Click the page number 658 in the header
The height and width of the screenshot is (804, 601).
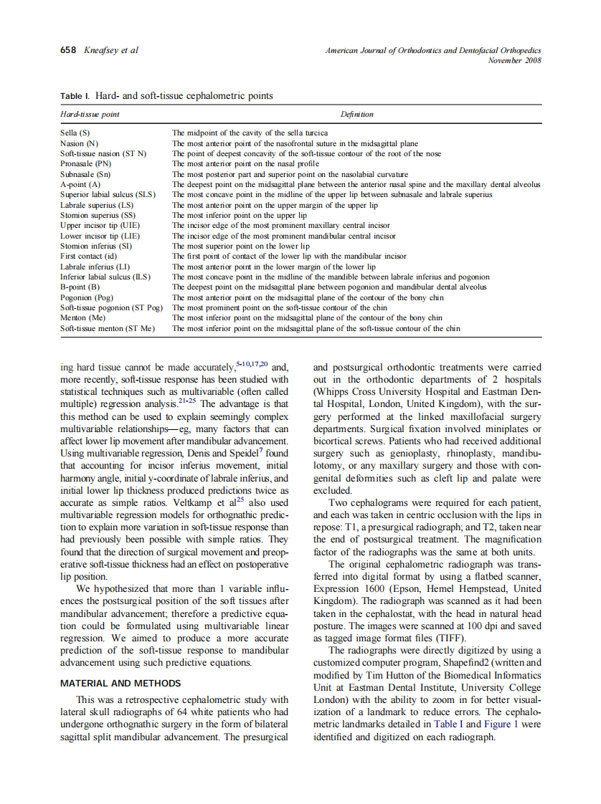point(68,50)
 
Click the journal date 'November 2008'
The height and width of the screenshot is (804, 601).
point(514,60)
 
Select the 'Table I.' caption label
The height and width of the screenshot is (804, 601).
point(75,96)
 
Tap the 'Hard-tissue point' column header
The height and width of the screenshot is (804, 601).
point(90,114)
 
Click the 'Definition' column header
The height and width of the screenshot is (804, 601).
point(357,114)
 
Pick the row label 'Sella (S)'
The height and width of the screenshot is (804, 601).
point(75,133)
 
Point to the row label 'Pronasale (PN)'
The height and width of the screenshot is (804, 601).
point(85,164)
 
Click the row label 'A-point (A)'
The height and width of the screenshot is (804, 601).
point(80,184)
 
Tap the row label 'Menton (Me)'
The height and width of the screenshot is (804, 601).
point(82,317)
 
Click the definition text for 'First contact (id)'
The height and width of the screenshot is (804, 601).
point(288,256)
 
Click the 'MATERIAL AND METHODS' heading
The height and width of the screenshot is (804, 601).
point(120,684)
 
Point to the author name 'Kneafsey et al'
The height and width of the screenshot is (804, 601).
point(111,50)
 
